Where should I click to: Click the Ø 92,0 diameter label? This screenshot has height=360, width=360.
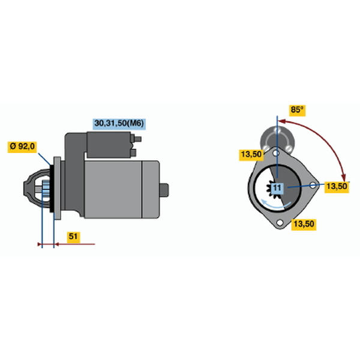[22, 147]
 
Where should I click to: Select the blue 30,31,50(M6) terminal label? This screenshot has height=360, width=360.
[119, 124]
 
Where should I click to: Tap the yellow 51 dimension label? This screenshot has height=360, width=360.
[73, 237]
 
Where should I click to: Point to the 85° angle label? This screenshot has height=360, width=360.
[297, 110]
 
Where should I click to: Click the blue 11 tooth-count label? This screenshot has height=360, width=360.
[277, 188]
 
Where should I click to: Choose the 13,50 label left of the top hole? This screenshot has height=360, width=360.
[251, 155]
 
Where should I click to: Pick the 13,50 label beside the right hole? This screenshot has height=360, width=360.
[337, 187]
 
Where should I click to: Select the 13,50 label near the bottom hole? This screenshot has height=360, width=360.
[304, 224]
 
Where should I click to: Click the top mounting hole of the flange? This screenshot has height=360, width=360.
[277, 152]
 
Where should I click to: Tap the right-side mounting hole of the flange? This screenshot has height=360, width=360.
[313, 185]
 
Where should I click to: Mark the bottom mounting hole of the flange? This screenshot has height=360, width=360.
[280, 222]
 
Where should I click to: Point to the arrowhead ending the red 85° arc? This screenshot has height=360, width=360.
[343, 178]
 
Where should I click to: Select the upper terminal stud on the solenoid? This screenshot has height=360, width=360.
[137, 139]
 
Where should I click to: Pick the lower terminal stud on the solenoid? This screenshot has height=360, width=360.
[134, 152]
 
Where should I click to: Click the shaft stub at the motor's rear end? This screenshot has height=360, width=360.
[164, 190]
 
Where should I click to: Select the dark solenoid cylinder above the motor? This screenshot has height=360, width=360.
[109, 145]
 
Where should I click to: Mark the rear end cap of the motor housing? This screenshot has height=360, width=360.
[151, 190]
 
